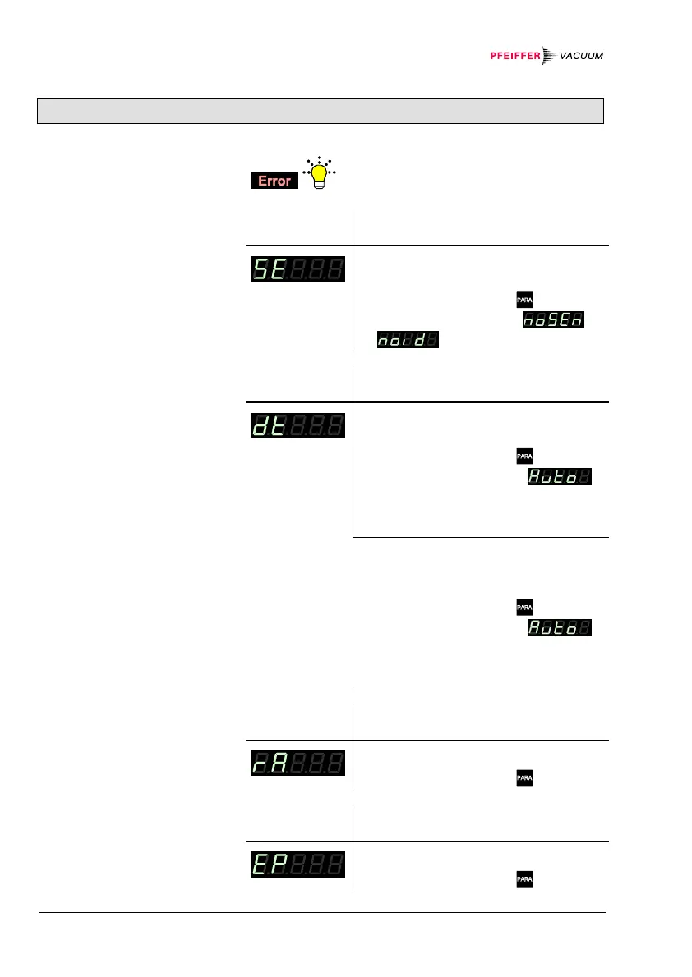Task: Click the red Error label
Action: tap(274, 181)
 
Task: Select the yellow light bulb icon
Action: tap(316, 175)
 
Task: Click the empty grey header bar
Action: tap(321, 110)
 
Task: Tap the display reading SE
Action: tap(298, 269)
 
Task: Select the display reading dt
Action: tap(298, 426)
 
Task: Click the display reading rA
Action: tap(298, 764)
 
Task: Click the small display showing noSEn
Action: tap(553, 322)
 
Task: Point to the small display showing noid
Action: tap(407, 339)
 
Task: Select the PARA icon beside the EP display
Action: tap(524, 879)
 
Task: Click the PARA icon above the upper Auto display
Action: tap(524, 455)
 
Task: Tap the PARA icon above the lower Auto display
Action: tap(524, 608)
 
